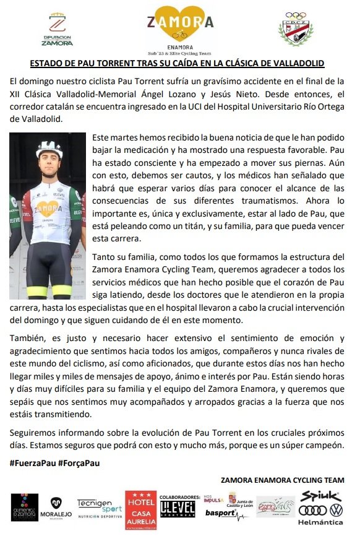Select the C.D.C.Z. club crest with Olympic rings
295,29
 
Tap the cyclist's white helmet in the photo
49,149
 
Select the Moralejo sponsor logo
56,511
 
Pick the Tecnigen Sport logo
98,510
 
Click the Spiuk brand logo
320,496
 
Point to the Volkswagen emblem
336,510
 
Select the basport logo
220,513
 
